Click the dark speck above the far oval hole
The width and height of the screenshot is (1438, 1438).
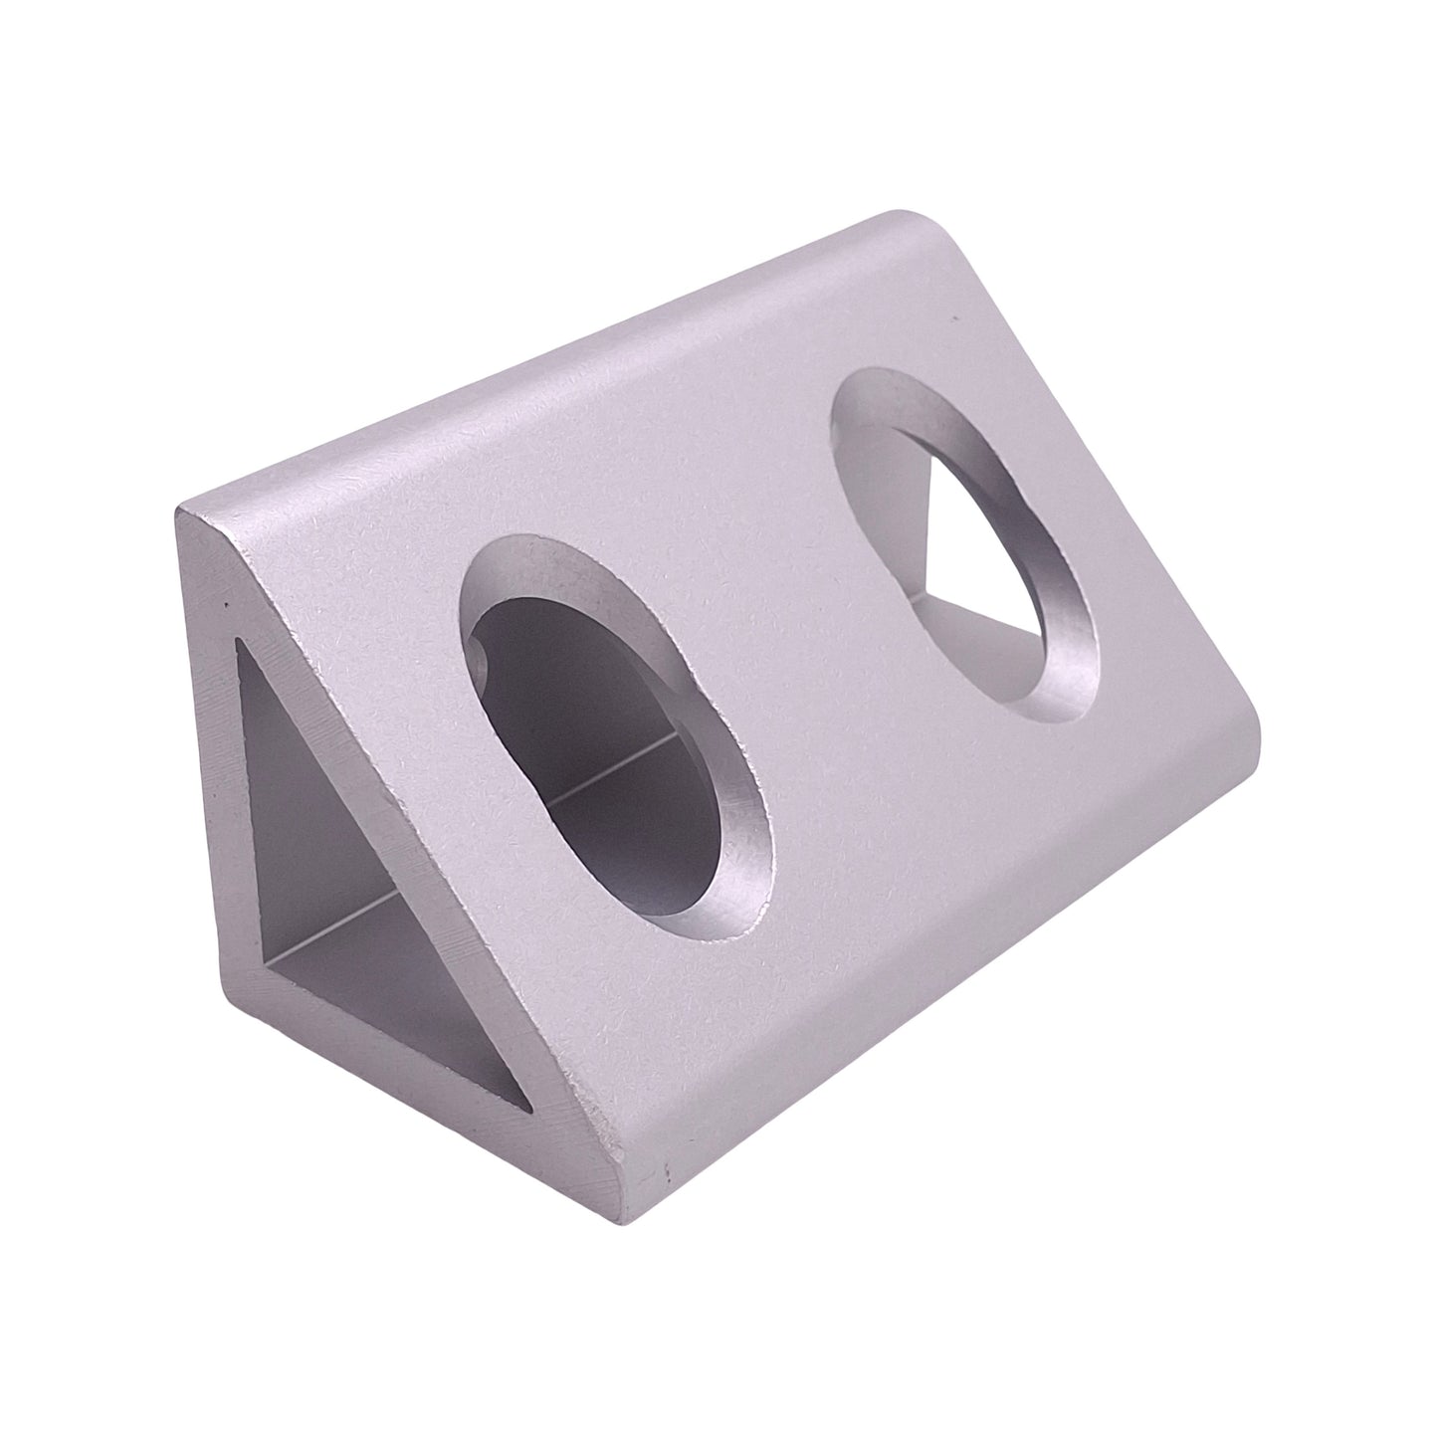click(953, 320)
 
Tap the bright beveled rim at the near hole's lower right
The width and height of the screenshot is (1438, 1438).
click(741, 876)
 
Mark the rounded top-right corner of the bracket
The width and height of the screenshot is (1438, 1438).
click(911, 224)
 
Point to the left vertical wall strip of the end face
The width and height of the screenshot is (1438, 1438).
click(214, 796)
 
